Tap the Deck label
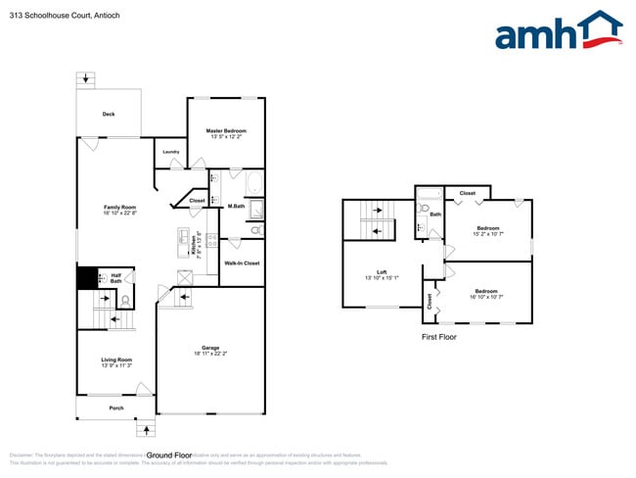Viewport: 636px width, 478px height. (109, 115)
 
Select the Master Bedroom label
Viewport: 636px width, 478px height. (225, 130)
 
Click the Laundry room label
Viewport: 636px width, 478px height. (170, 152)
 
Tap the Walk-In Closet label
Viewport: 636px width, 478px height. (242, 263)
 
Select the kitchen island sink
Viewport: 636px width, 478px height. (183, 236)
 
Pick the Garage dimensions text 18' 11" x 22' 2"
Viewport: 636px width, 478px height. (210, 354)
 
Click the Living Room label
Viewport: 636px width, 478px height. (116, 359)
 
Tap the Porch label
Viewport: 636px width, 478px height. (116, 407)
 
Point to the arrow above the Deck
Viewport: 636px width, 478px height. (89, 78)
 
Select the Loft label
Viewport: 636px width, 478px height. (382, 272)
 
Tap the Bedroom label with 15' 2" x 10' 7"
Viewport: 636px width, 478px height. (487, 228)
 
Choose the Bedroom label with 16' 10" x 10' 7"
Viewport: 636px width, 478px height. (486, 291)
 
